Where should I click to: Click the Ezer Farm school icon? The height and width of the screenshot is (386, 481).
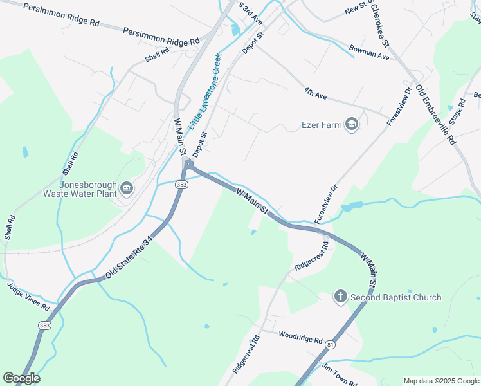coord(351,124)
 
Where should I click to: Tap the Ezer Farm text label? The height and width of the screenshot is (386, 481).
coord(322,125)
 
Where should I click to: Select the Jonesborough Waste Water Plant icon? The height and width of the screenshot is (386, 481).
coord(126,188)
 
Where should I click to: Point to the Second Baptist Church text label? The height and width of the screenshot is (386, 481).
coord(395,297)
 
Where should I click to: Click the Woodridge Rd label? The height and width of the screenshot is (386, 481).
coord(300,336)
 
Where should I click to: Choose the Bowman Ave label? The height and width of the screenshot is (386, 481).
coord(369,52)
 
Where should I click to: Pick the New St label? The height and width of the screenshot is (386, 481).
coord(354,10)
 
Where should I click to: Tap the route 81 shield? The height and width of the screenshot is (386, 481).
coord(330,344)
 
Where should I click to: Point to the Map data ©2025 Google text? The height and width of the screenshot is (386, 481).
coord(440,381)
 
